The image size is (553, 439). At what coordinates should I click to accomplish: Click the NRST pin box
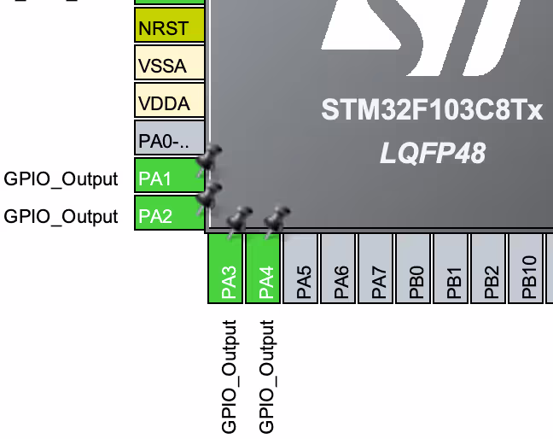click(x=170, y=28)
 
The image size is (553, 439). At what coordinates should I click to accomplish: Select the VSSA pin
click(x=170, y=65)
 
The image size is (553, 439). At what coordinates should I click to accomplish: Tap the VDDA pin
click(x=170, y=102)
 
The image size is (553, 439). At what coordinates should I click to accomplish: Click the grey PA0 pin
click(x=170, y=138)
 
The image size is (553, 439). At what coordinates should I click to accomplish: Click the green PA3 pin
click(x=227, y=267)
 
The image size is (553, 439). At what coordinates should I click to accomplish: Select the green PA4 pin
click(x=265, y=267)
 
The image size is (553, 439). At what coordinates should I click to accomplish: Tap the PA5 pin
click(x=302, y=267)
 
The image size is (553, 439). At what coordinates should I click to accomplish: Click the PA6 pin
click(x=340, y=267)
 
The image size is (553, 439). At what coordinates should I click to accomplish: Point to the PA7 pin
click(x=377, y=267)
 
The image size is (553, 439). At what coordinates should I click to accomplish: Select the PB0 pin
click(x=415, y=267)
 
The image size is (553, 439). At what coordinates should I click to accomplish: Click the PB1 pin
click(x=452, y=267)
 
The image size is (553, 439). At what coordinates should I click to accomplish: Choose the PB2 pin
click(x=490, y=267)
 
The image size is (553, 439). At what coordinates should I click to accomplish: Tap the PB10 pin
click(x=527, y=267)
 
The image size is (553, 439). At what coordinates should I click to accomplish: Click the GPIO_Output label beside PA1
click(x=61, y=179)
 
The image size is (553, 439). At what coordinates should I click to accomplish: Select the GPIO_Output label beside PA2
click(x=61, y=217)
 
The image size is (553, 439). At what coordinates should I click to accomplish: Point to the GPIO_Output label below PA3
click(x=229, y=377)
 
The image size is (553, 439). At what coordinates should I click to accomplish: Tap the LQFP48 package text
click(x=432, y=153)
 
